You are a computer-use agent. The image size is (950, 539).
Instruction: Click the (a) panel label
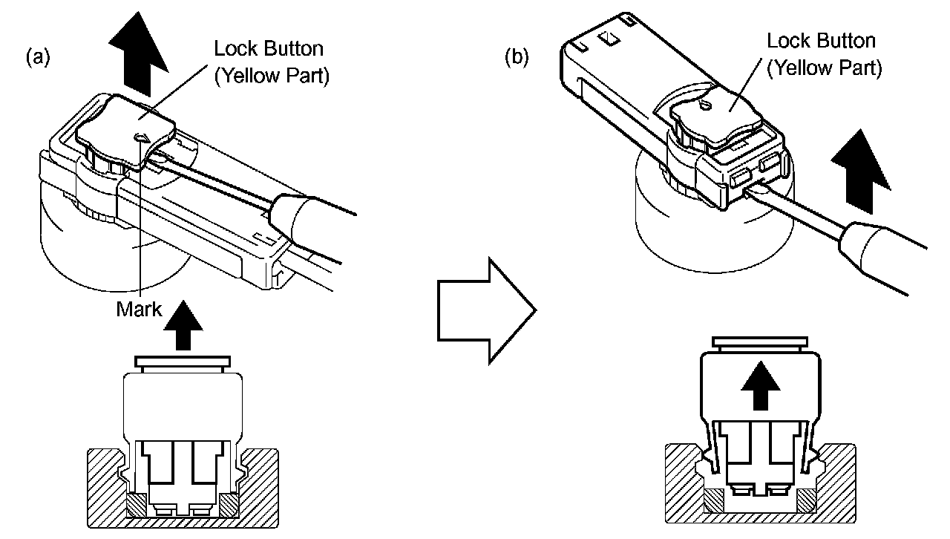pos(38,57)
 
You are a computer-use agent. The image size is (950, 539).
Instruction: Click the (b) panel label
pos(517,57)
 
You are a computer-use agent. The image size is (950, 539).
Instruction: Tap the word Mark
pos(139,309)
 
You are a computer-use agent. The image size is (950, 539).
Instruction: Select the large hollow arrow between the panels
pos(487,310)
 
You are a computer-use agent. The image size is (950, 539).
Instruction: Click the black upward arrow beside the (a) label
pos(138,54)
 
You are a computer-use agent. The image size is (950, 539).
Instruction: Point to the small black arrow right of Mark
pos(183,325)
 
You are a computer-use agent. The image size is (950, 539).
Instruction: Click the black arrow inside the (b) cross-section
pos(761,385)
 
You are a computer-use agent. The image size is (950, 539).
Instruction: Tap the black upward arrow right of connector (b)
pos(860,171)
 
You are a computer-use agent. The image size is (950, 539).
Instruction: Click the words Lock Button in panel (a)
pos(269,48)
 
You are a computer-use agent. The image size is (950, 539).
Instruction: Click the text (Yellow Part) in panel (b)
pos(825,68)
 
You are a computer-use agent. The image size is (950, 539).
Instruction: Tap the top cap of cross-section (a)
pos(183,362)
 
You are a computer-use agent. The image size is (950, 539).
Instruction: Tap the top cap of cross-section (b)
pos(760,342)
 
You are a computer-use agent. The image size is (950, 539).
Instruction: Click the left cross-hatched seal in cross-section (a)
pos(137,505)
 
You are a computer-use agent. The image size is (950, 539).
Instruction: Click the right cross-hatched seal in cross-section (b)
pos(807,500)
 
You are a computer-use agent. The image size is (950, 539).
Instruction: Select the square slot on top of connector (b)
pos(609,39)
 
